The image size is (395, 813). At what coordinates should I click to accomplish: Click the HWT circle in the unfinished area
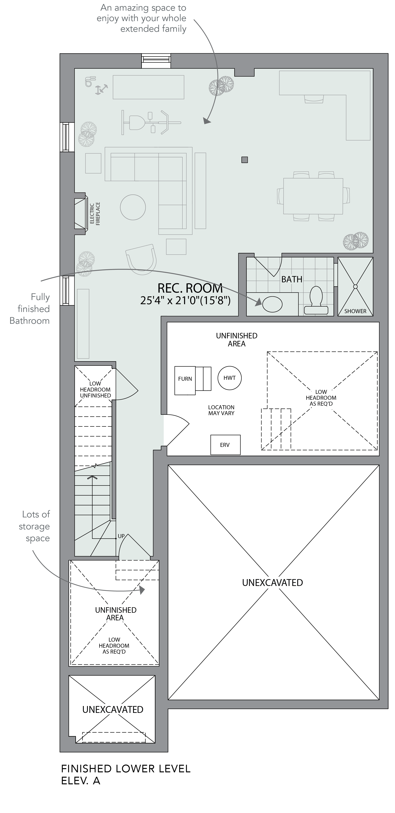tap(229, 378)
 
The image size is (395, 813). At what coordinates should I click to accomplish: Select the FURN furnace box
tap(185, 380)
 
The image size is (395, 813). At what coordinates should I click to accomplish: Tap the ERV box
tap(225, 445)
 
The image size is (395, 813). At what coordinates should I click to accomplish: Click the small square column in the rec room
tap(245, 160)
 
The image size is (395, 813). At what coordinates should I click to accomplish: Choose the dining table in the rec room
tap(313, 196)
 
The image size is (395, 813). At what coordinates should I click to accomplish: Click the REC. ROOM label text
tap(190, 288)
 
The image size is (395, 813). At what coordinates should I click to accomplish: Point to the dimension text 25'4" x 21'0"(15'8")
tap(185, 300)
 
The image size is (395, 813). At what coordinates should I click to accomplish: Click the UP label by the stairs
tap(121, 536)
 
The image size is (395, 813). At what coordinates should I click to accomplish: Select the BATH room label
tap(292, 279)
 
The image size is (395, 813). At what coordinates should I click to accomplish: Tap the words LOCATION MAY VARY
tap(221, 410)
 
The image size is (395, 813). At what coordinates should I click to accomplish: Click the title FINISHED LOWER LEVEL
tap(126, 769)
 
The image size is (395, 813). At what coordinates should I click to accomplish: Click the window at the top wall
tap(156, 61)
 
